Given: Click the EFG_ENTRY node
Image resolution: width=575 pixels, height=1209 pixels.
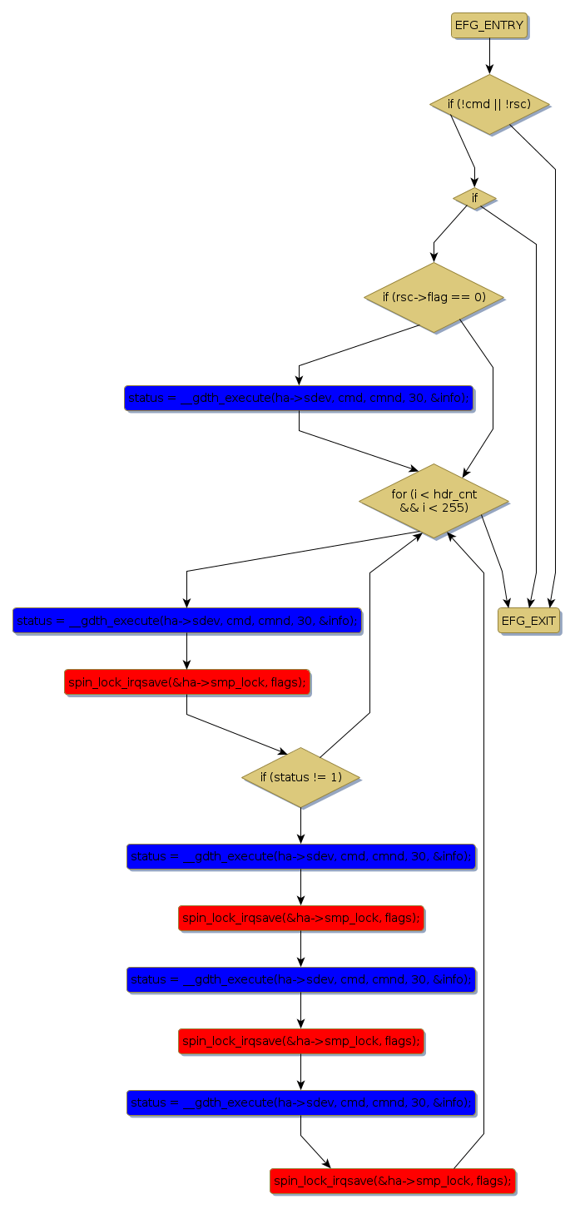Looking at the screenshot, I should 489,25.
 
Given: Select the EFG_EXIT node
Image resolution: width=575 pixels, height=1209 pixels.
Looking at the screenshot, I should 529,621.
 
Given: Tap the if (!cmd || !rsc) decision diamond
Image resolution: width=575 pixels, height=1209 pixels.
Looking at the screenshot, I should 489,104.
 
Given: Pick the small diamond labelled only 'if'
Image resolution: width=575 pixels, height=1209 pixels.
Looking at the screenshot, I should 474,198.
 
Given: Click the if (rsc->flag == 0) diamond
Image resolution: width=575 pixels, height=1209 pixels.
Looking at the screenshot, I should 434,297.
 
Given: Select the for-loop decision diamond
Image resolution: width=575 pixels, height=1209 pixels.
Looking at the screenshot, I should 434,501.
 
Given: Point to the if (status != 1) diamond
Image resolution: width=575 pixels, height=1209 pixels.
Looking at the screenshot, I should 300,777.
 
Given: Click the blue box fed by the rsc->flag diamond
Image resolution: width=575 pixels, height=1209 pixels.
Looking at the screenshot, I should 299,398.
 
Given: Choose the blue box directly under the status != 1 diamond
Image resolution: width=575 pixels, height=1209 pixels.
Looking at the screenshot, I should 300,856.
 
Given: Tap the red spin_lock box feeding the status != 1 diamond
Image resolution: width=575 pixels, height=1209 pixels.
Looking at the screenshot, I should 186,681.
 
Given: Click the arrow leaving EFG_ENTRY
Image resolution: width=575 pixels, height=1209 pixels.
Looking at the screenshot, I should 489,56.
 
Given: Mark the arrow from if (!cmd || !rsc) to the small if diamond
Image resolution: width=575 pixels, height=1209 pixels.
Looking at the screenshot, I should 464,146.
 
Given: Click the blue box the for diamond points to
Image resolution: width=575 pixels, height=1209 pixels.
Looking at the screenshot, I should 186,621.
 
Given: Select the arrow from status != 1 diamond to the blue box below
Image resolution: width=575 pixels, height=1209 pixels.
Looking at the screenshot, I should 300,825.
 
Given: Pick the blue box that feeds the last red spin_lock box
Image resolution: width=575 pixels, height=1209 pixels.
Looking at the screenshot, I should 300,1102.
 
